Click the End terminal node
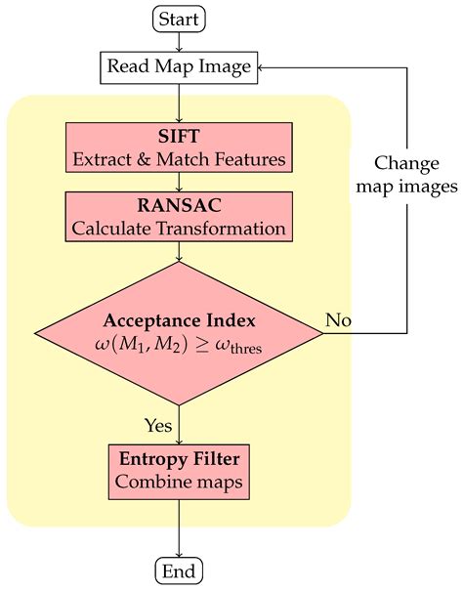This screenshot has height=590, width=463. pyautogui.click(x=179, y=571)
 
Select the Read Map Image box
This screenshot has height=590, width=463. pyautogui.click(x=179, y=66)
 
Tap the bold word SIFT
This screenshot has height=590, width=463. pyautogui.click(x=179, y=135)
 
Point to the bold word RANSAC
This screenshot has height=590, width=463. pyautogui.click(x=179, y=204)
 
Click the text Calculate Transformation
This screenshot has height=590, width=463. pyautogui.click(x=179, y=229)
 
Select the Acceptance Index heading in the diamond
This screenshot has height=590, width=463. pyautogui.click(x=179, y=321)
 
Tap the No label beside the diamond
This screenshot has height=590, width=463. pyautogui.click(x=338, y=318)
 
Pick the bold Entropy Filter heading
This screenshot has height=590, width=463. pyautogui.click(x=179, y=458)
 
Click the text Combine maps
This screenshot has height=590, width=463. pyautogui.click(x=179, y=482)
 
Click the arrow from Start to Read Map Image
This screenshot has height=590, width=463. pyautogui.click(x=179, y=41)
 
